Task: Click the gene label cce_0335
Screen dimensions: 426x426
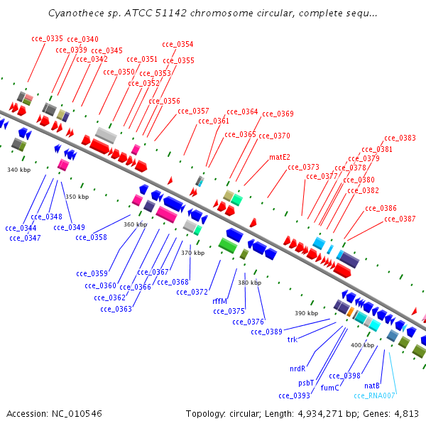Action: click(x=47, y=38)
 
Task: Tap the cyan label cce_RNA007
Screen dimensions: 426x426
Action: click(x=374, y=395)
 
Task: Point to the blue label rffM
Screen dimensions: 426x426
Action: click(x=219, y=301)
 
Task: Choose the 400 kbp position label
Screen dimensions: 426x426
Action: click(x=361, y=345)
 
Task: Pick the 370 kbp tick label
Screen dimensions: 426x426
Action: click(x=192, y=253)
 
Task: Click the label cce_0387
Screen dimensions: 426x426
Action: click(x=400, y=219)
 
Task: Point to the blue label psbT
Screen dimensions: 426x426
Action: click(x=306, y=382)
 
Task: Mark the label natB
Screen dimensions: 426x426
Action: click(x=372, y=386)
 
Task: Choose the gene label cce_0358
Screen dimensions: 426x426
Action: click(x=91, y=237)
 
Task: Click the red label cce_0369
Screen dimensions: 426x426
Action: click(x=278, y=114)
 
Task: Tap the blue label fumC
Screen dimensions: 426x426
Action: click(x=329, y=388)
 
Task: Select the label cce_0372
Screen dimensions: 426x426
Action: click(x=192, y=292)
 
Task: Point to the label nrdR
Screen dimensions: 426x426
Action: click(x=297, y=368)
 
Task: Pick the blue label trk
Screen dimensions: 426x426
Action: click(x=292, y=339)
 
